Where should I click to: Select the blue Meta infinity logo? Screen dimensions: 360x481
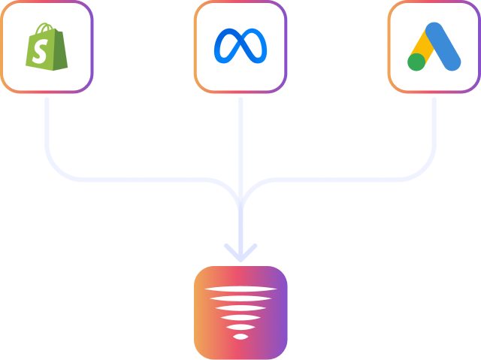pos(240,47)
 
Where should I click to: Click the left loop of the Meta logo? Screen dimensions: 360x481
pos(228,47)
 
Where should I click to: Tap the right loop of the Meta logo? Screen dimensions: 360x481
pos(254,47)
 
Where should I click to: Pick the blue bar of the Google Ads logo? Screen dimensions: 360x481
pos(443,45)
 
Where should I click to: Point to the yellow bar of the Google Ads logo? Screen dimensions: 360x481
pos(423,47)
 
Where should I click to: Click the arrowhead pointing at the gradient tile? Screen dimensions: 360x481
pos(240,251)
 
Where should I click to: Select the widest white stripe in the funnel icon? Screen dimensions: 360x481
pos(240,289)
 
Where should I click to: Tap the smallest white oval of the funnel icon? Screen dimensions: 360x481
pos(240,336)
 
